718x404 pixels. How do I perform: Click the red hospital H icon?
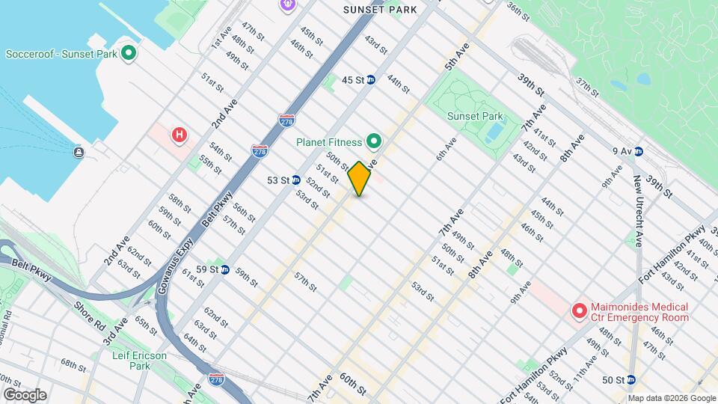(x=179, y=135)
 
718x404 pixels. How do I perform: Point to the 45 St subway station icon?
(x=371, y=79)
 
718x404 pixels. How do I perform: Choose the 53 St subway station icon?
(x=296, y=180)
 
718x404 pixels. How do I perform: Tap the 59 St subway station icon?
(x=224, y=269)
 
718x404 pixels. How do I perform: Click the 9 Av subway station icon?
(x=639, y=151)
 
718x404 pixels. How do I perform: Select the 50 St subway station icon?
(x=630, y=379)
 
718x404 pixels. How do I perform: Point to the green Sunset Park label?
(x=475, y=116)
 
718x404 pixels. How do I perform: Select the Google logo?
(x=25, y=394)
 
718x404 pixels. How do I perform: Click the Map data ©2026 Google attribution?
(x=671, y=397)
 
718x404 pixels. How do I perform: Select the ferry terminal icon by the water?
(x=79, y=153)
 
